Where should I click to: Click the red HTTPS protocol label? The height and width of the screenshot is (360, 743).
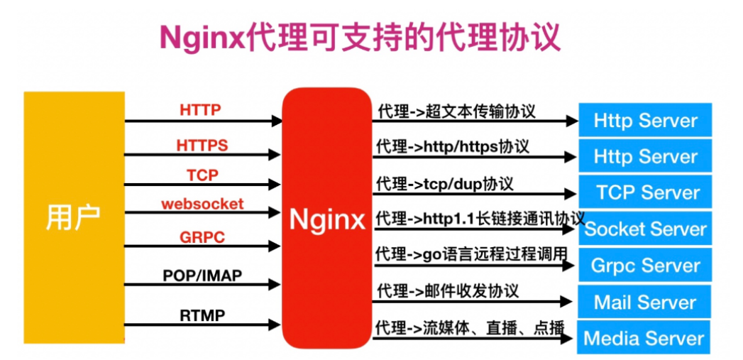202,146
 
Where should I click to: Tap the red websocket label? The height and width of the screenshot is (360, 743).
202,204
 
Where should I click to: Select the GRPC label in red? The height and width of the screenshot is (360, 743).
202,237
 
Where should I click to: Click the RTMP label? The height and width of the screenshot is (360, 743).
202,314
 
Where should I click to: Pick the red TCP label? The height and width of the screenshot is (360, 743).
202,175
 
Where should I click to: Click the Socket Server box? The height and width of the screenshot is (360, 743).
646,229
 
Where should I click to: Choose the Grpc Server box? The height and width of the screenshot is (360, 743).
646,266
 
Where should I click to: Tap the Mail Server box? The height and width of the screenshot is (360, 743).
646,302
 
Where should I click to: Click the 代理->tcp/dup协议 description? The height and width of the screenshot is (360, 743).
445,183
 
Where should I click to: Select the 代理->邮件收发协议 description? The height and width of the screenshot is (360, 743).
448,290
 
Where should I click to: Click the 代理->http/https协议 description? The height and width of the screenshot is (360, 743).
453,147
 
